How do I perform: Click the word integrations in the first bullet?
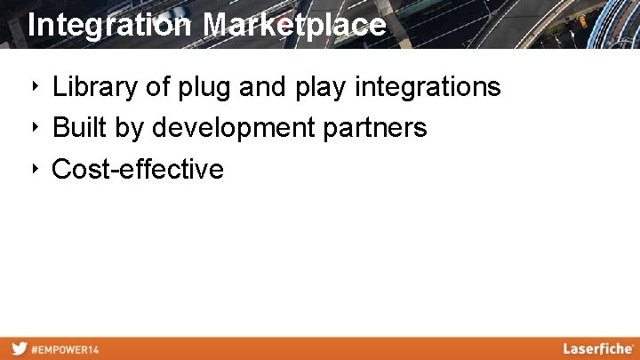click(428, 88)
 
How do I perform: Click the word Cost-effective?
click(138, 169)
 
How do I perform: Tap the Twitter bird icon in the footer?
click(18, 349)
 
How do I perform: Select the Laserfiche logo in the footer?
click(596, 348)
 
